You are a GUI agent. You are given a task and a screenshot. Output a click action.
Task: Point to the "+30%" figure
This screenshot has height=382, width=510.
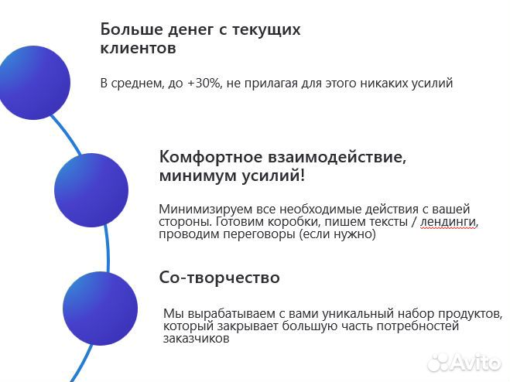[x=202, y=83]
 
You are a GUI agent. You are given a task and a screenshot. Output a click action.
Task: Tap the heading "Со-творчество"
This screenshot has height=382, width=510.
[x=219, y=277]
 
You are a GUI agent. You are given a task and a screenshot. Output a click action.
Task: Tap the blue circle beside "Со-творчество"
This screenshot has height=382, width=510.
[x=100, y=308]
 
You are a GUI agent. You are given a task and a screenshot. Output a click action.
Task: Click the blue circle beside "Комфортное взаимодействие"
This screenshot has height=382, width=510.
[x=91, y=189]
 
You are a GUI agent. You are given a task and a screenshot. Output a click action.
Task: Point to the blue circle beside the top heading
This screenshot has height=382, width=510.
[x=33, y=83]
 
